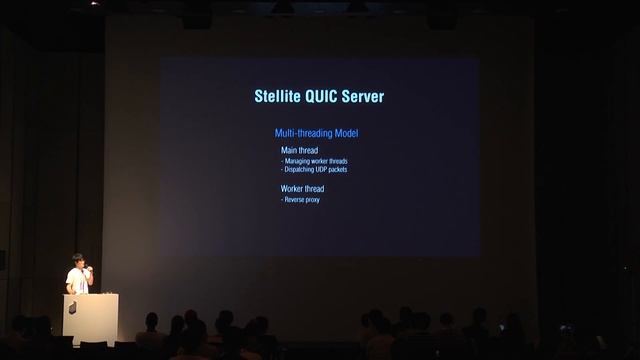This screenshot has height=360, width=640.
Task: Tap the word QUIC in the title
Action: tap(323, 97)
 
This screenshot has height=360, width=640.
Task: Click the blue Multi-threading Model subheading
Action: tap(316, 133)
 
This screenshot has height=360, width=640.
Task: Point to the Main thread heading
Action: tap(300, 150)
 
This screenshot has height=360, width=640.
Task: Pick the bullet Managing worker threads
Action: tap(315, 161)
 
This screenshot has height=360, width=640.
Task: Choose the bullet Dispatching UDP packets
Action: tap(315, 169)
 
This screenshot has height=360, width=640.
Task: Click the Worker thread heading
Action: tap(302, 188)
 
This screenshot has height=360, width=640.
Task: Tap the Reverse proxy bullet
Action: tap(301, 200)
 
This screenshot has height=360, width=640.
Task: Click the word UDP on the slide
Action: tap(320, 169)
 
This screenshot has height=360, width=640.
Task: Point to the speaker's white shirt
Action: tap(76, 280)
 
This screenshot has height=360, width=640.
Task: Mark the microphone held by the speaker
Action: tap(87, 267)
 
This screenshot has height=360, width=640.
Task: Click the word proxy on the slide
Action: tap(312, 200)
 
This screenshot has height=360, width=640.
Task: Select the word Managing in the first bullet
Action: tap(299, 161)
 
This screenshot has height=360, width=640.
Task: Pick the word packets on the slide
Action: tap(337, 169)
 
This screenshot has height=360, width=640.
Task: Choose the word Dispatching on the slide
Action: tap(299, 169)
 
